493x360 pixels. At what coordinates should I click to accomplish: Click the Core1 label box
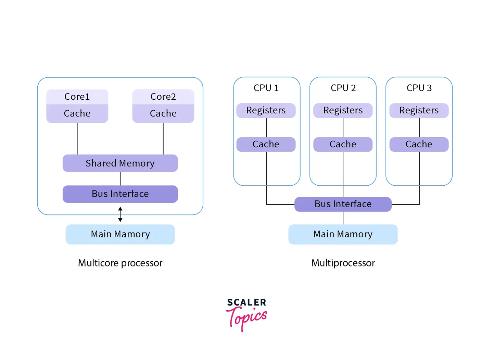pyautogui.click(x=77, y=97)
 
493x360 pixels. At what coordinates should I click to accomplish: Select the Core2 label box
pyautogui.click(x=163, y=97)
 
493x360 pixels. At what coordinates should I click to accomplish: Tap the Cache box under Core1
pyautogui.click(x=77, y=113)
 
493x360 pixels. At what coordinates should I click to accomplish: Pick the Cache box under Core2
pyautogui.click(x=163, y=113)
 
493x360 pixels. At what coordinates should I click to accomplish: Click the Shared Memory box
pyautogui.click(x=120, y=163)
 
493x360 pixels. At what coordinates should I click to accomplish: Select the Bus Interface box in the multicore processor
pyautogui.click(x=120, y=194)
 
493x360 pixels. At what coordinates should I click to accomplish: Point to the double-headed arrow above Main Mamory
pyautogui.click(x=120, y=214)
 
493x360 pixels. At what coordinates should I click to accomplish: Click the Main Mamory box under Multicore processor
pyautogui.click(x=120, y=234)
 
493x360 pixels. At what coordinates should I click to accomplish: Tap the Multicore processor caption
pyautogui.click(x=120, y=263)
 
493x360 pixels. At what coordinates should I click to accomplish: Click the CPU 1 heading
pyautogui.click(x=266, y=88)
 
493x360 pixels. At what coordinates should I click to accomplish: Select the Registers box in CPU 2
pyautogui.click(x=343, y=110)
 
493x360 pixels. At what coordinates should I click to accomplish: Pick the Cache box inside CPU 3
pyautogui.click(x=419, y=144)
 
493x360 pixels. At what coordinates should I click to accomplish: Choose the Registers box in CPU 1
pyautogui.click(x=266, y=110)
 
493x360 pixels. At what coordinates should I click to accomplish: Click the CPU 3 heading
pyautogui.click(x=419, y=88)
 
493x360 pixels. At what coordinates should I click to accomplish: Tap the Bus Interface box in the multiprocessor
pyautogui.click(x=343, y=204)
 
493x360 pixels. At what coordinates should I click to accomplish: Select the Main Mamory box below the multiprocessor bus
pyautogui.click(x=343, y=234)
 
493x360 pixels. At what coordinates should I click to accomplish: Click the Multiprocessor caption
pyautogui.click(x=343, y=263)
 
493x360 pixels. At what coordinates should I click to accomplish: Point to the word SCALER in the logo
pyautogui.click(x=246, y=302)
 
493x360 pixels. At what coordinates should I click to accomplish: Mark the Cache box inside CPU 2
pyautogui.click(x=343, y=144)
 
